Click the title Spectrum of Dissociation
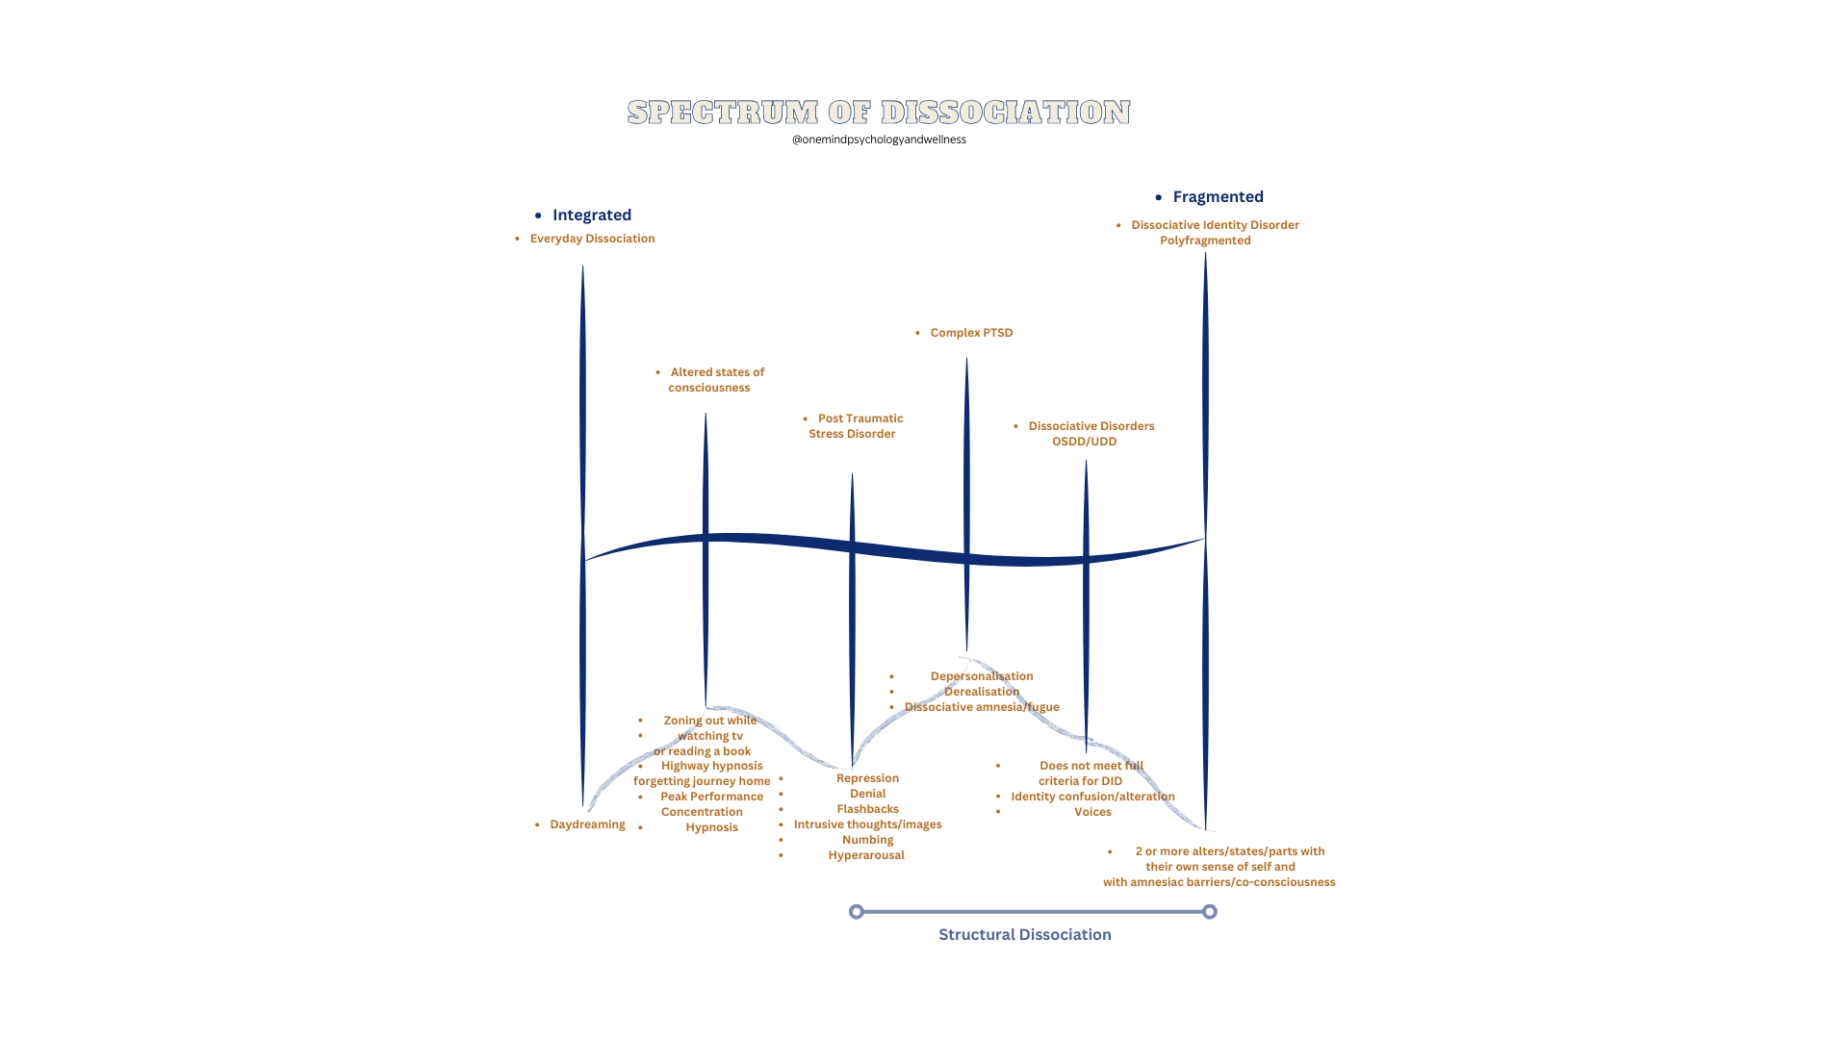[879, 113]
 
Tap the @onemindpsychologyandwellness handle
[879, 139]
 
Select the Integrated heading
[592, 215]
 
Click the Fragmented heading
[1218, 197]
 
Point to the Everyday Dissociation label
[592, 239]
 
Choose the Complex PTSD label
[971, 333]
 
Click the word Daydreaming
[587, 824]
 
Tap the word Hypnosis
[711, 827]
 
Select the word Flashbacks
[867, 809]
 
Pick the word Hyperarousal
[866, 855]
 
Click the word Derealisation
[981, 692]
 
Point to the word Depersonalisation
[981, 676]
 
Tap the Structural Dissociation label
[1024, 935]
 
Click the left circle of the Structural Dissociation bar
[857, 911]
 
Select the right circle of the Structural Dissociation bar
[1210, 911]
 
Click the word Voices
[1092, 812]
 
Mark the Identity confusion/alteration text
[1092, 797]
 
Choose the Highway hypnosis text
[711, 766]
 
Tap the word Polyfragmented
[1205, 241]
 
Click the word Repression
[867, 778]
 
